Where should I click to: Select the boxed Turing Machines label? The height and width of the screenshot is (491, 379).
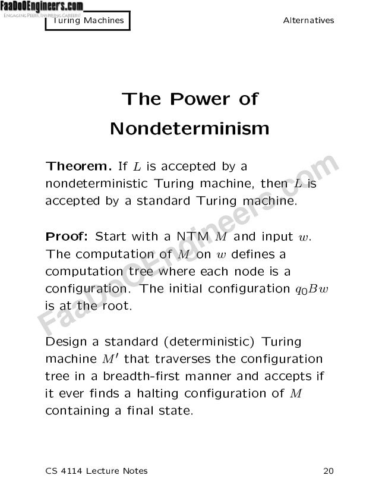pyautogui.click(x=89, y=21)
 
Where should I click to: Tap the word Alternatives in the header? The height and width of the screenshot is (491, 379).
pyautogui.click(x=308, y=21)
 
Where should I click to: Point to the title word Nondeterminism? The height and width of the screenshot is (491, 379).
pyautogui.click(x=190, y=128)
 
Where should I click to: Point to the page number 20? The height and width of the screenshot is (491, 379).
pyautogui.click(x=328, y=471)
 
